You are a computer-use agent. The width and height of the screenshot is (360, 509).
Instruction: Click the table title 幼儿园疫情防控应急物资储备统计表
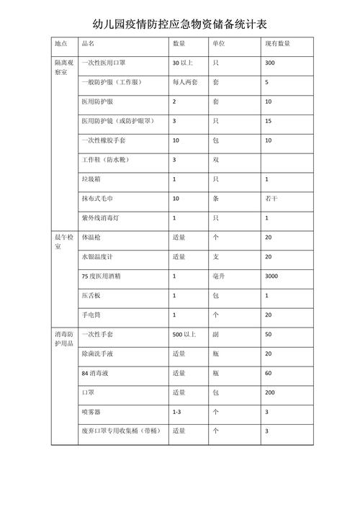click(179, 24)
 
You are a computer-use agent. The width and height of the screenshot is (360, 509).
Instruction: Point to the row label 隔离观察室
click(62, 68)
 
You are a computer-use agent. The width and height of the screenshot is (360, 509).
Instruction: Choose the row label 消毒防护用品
click(62, 339)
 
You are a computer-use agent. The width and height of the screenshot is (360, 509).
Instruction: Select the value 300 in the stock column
click(270, 64)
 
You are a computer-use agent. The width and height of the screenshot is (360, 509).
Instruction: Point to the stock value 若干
click(271, 197)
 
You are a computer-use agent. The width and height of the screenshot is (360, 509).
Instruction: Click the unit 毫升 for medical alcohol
click(218, 276)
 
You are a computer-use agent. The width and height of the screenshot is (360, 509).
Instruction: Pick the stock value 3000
click(271, 276)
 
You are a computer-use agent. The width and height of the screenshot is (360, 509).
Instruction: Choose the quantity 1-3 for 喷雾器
click(176, 412)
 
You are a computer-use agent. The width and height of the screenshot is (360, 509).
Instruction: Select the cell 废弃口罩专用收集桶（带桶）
click(120, 431)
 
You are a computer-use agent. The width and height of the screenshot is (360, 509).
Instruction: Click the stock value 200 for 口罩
click(270, 392)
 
